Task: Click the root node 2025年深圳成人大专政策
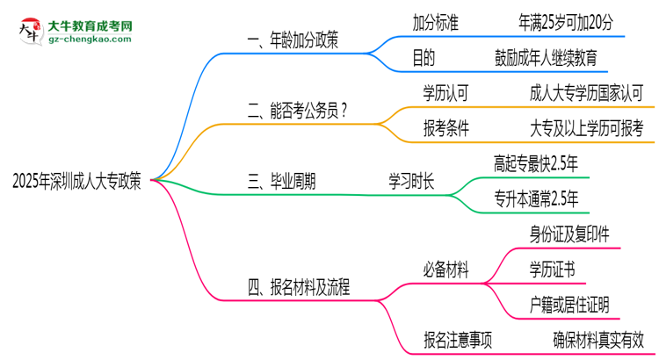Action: [76, 181]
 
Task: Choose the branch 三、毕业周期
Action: [281, 181]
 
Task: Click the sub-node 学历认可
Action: [445, 91]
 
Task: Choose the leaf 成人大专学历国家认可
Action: [587, 91]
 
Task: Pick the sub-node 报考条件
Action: [445, 128]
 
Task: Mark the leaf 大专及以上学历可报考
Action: [587, 128]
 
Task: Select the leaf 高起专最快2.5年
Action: [536, 162]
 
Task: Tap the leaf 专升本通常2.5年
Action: [536, 199]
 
